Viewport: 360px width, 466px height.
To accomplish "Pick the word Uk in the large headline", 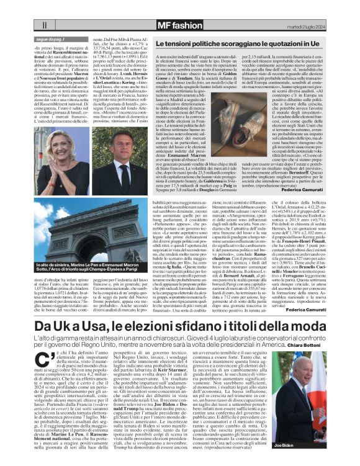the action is (63, 327).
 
